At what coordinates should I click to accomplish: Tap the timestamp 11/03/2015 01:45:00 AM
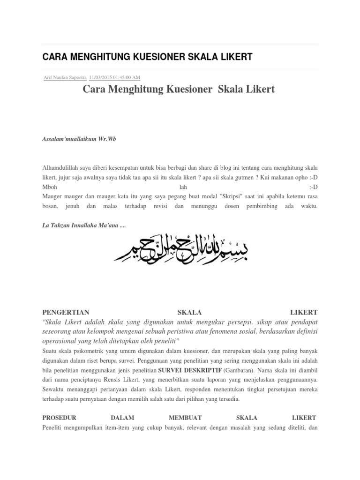click(x=114, y=77)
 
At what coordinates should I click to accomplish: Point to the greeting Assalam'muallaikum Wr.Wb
click(x=79, y=140)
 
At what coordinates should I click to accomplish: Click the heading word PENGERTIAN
click(x=66, y=312)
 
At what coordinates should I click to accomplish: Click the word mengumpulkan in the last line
click(x=86, y=427)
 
